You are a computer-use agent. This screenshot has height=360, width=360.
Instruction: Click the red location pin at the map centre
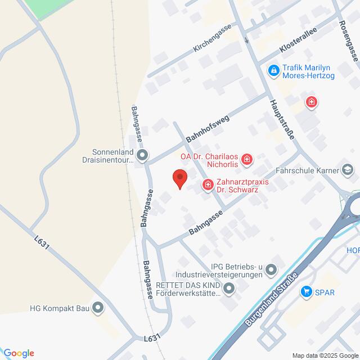pyautogui.click(x=179, y=178)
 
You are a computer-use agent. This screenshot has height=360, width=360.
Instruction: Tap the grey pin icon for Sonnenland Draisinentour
pyautogui.click(x=142, y=155)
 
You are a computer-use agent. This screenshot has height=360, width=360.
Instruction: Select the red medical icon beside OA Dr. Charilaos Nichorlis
pyautogui.click(x=246, y=161)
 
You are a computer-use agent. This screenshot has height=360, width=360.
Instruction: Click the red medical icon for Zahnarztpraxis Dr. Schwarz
pyautogui.click(x=208, y=184)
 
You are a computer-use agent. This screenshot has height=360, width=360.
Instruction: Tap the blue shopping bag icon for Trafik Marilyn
pyautogui.click(x=273, y=70)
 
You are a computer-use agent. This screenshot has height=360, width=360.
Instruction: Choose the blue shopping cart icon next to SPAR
pyautogui.click(x=307, y=291)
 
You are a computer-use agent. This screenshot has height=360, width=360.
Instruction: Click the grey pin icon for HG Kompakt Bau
pyautogui.click(x=98, y=308)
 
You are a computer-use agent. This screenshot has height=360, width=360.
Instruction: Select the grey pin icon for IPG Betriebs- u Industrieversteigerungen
pyautogui.click(x=272, y=271)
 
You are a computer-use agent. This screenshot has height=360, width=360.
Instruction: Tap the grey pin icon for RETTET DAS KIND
pyautogui.click(x=229, y=289)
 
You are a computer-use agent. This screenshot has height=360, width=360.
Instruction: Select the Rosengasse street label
pyautogui.click(x=349, y=40)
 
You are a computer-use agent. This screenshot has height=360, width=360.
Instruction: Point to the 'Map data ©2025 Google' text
pyautogui.click(x=324, y=355)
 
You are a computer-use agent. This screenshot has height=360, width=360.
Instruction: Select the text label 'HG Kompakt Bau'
pyautogui.click(x=58, y=308)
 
